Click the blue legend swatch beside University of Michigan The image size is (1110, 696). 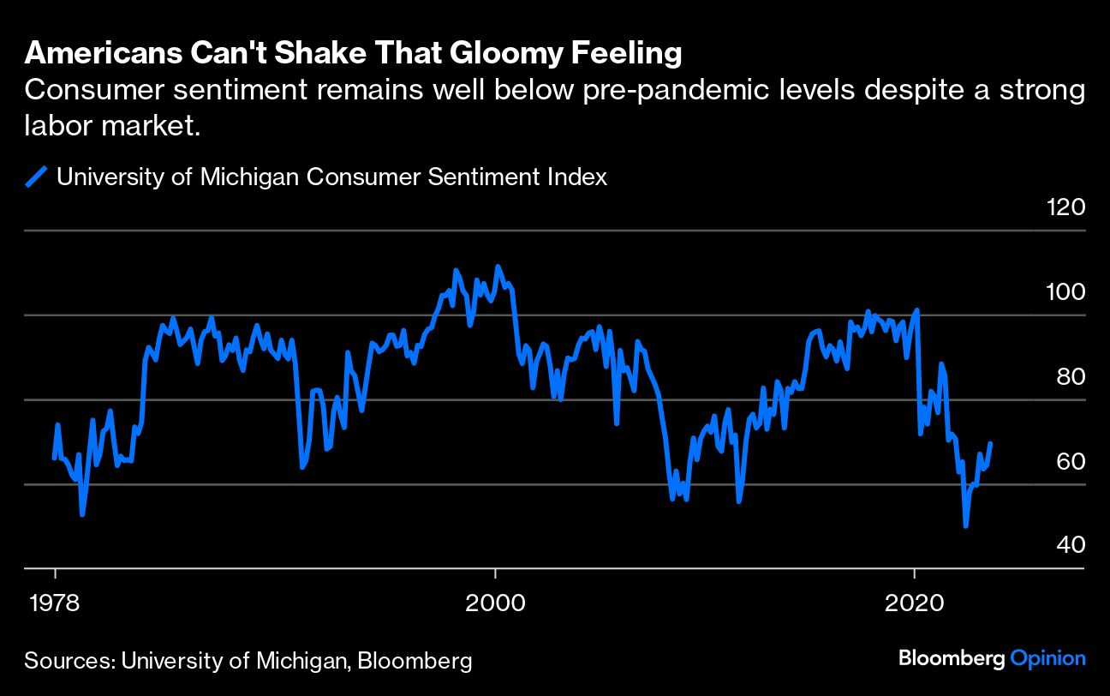pos(37,177)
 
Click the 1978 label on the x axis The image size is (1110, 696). pos(56,602)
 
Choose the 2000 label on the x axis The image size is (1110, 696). pos(495,602)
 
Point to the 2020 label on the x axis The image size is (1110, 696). pos(916,602)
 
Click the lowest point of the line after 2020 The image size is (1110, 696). pos(966,525)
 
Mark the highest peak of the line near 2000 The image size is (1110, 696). pos(498,267)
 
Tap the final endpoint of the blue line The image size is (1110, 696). pos(991,443)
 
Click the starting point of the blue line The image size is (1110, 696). pos(55,458)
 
